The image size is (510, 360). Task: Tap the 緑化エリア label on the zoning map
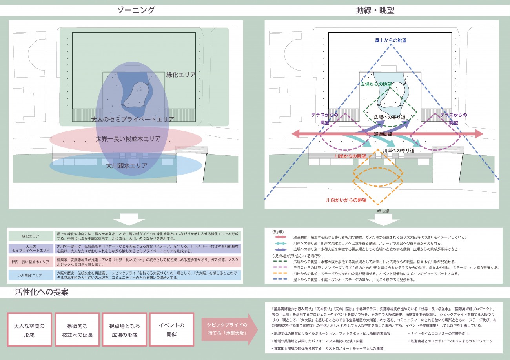pyautogui.click(x=180, y=75)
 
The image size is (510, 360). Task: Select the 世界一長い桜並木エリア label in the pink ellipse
pyautogui.click(x=127, y=139)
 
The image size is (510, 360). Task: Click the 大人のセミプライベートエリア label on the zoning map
pyautogui.click(x=133, y=119)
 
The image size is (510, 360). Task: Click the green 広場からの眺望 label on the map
pyautogui.click(x=376, y=84)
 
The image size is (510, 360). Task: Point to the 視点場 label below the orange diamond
pyautogui.click(x=383, y=211)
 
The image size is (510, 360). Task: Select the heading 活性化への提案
pyautogui.click(x=42, y=292)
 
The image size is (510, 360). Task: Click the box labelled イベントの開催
pyautogui.click(x=171, y=329)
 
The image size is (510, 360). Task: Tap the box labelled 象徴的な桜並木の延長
pyautogui.click(x=77, y=329)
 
